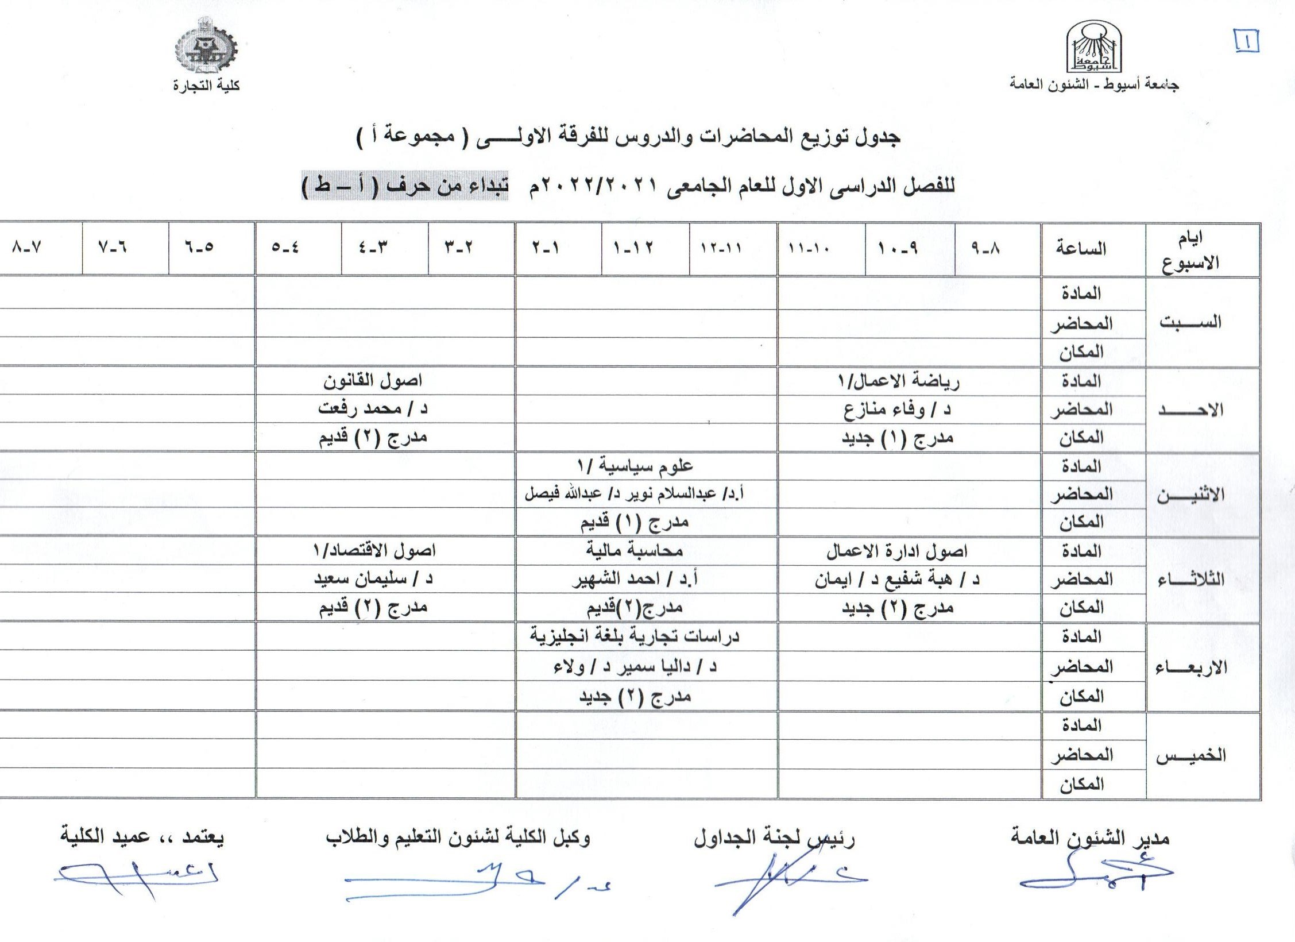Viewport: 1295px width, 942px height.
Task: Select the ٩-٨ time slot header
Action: coord(985,248)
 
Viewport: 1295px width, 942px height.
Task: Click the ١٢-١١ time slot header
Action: coord(721,248)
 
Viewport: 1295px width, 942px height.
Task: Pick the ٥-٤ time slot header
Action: coord(285,248)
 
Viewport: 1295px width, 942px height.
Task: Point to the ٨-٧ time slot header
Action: coord(26,248)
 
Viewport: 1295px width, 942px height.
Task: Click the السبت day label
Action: coord(1190,322)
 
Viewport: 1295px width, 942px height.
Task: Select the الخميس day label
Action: coord(1190,755)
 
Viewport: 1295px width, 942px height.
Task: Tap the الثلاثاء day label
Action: coord(1190,580)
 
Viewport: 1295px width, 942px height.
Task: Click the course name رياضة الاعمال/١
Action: coord(899,381)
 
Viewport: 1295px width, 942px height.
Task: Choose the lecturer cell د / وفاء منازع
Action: coord(897,410)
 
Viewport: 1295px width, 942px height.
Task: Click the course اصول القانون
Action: coord(373,380)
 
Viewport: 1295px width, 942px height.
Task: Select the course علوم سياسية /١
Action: coord(635,466)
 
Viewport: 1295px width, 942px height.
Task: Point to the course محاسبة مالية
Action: coord(635,550)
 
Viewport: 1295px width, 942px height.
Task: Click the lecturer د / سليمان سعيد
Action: coord(373,578)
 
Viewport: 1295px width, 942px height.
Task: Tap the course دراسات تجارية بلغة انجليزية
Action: coord(635,636)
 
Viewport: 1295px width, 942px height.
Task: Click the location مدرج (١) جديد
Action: coord(898,438)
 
